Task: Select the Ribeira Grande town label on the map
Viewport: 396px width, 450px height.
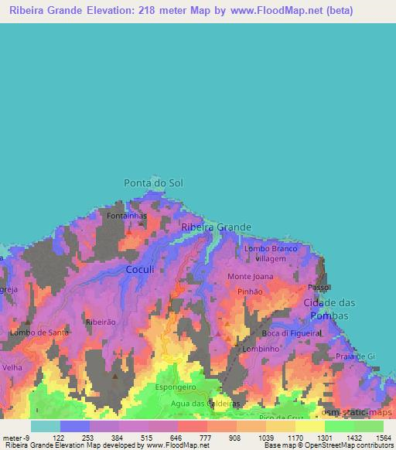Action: [x=216, y=227]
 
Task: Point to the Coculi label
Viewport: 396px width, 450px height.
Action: [x=141, y=269]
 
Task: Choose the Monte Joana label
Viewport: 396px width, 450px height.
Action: [x=250, y=276]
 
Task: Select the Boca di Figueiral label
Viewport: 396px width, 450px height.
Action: [x=291, y=332]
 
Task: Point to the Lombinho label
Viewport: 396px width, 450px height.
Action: [x=260, y=349]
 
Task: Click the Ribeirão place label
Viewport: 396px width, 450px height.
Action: [x=101, y=321]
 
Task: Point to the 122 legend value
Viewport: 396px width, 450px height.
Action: [x=59, y=438]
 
